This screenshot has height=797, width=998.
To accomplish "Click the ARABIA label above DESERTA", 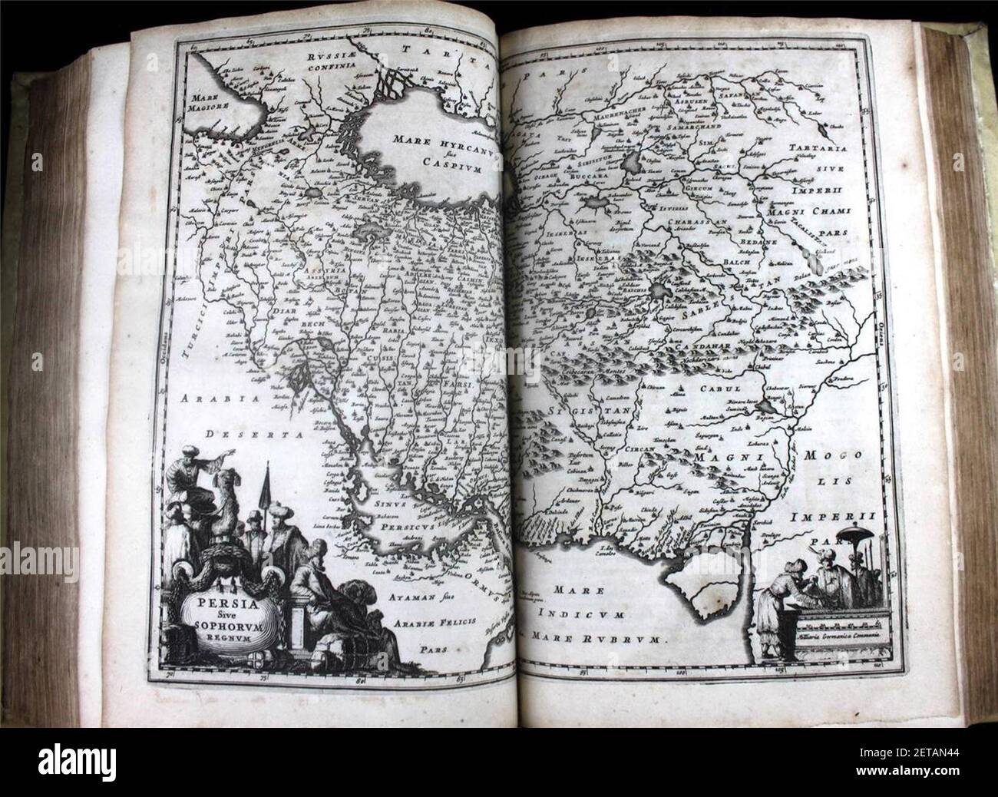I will (x=209, y=399).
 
